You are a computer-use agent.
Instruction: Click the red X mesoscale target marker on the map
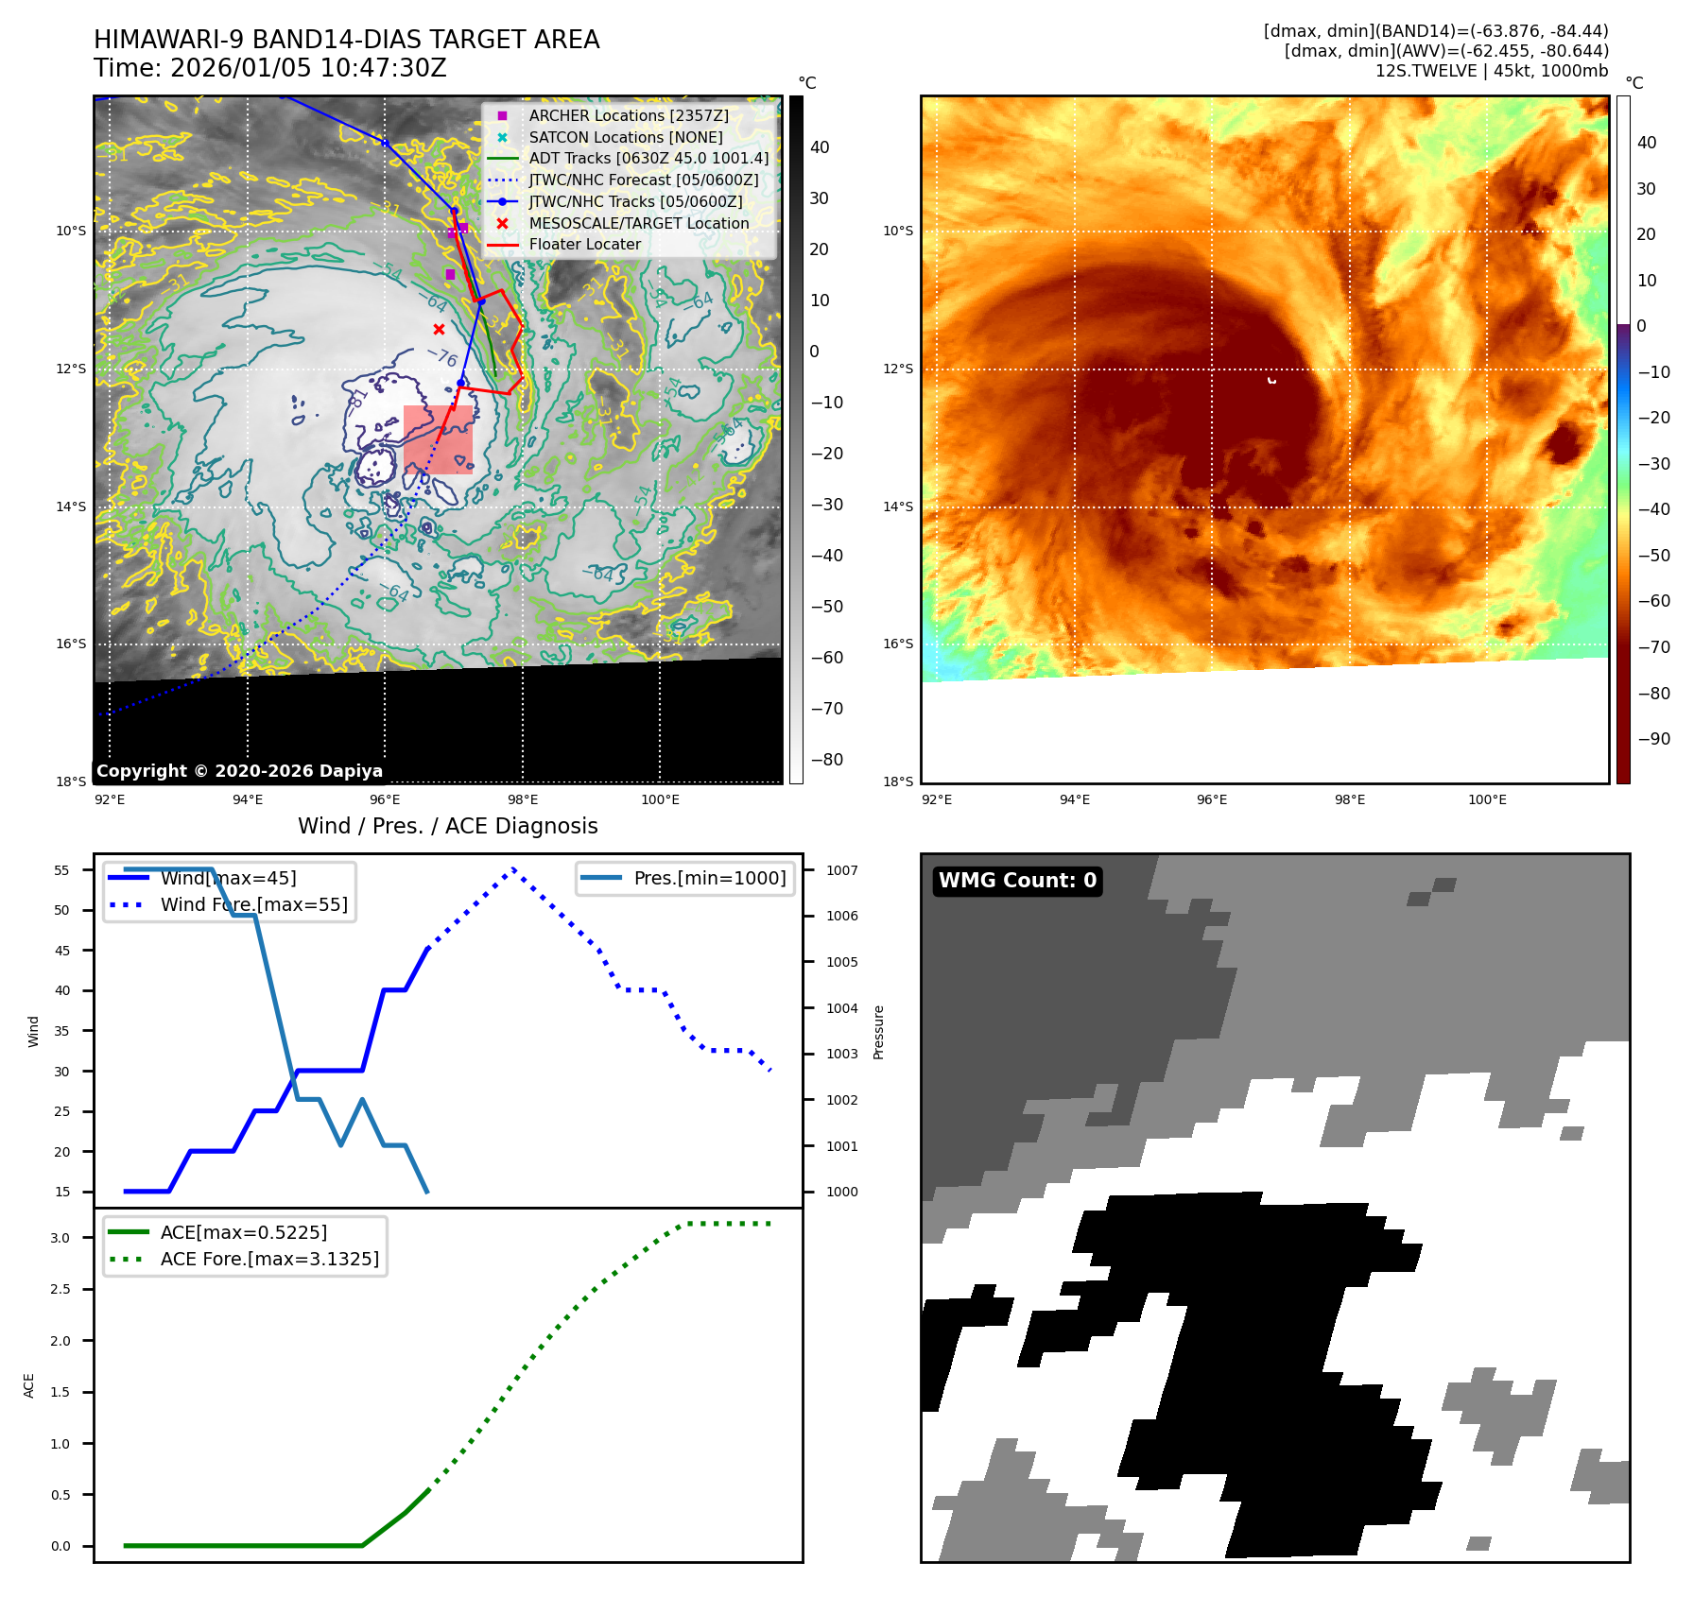439,329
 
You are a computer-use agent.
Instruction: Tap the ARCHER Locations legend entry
629,115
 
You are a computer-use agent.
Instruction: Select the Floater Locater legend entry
584,244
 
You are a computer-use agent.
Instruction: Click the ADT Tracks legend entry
648,158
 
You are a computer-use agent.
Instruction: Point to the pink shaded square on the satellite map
438,439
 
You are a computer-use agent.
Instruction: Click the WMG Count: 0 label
1017,881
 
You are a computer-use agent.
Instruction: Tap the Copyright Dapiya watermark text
239,771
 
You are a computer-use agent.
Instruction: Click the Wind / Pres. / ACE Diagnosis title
447,826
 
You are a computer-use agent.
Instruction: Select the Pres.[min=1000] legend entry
709,878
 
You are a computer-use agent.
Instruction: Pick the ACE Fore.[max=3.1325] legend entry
269,1259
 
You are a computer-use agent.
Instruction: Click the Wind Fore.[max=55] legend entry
253,904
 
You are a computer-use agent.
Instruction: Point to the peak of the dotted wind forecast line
513,869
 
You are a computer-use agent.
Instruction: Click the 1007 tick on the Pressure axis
841,870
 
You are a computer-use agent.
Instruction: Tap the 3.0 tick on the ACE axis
60,1238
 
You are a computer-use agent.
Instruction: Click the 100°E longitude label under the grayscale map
660,799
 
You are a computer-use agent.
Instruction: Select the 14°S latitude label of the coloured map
898,507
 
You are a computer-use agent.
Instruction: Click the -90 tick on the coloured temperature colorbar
1653,739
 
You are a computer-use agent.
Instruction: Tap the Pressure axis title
878,1032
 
